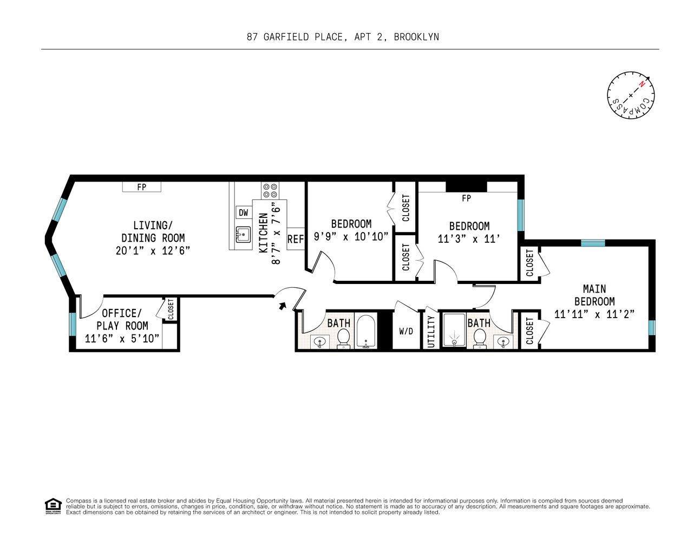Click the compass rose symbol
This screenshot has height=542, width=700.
click(x=631, y=95)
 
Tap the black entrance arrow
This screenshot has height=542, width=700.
click(x=282, y=306)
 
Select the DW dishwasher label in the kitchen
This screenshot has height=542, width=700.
click(x=244, y=213)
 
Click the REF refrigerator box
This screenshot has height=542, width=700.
click(x=296, y=239)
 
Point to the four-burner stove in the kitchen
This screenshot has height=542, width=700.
click(x=270, y=190)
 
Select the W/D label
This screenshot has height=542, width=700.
click(x=406, y=331)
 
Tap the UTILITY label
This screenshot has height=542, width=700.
click(x=431, y=331)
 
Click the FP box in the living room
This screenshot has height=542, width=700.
click(x=142, y=187)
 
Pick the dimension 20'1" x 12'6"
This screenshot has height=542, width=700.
click(x=153, y=250)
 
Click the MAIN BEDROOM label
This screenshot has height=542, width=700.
click(x=594, y=295)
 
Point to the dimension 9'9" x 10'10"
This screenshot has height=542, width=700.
click(x=351, y=237)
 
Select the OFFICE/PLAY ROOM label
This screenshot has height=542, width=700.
click(x=122, y=319)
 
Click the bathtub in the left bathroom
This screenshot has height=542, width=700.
click(x=366, y=332)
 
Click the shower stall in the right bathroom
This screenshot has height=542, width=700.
click(x=454, y=330)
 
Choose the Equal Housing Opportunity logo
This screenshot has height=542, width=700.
click(x=53, y=506)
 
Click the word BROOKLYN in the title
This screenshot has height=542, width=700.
click(x=416, y=37)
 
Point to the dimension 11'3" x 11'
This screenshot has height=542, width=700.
click(x=469, y=239)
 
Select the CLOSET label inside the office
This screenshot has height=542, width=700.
click(x=171, y=309)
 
